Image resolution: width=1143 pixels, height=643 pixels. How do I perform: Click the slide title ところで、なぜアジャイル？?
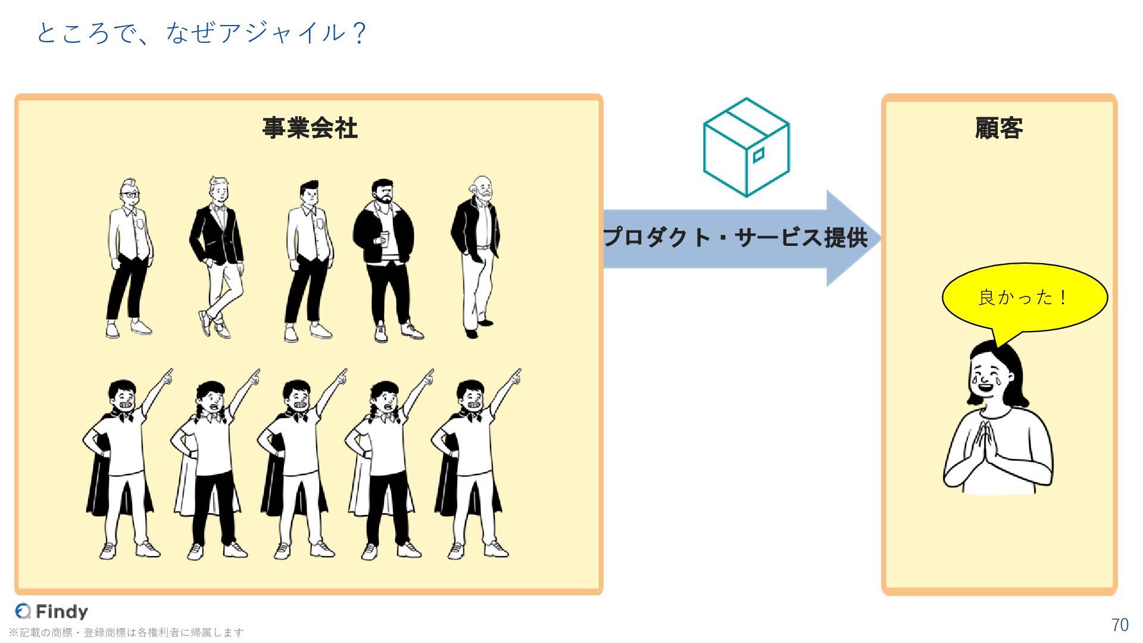(x=201, y=33)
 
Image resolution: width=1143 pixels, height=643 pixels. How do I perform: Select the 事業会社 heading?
(x=310, y=128)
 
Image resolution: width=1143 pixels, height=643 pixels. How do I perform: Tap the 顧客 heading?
(x=999, y=128)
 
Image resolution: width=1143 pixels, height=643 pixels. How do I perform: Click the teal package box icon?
(x=746, y=147)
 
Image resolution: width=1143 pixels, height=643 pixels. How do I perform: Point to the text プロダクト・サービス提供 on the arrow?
(x=735, y=238)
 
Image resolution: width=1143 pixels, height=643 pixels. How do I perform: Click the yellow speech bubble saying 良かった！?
(x=1024, y=297)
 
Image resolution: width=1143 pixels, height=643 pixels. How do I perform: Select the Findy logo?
(x=52, y=611)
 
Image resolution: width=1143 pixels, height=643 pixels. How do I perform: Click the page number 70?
(x=1120, y=625)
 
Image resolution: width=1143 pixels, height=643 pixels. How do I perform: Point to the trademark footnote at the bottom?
(x=126, y=632)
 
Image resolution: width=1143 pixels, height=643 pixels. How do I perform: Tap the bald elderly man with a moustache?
(x=477, y=256)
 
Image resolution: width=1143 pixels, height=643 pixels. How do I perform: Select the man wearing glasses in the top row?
(x=129, y=256)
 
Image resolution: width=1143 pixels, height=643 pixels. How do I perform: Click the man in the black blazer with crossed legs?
(x=217, y=256)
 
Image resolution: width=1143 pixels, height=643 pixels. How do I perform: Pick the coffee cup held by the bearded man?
(x=384, y=239)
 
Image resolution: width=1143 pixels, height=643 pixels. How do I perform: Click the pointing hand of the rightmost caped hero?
(x=516, y=376)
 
